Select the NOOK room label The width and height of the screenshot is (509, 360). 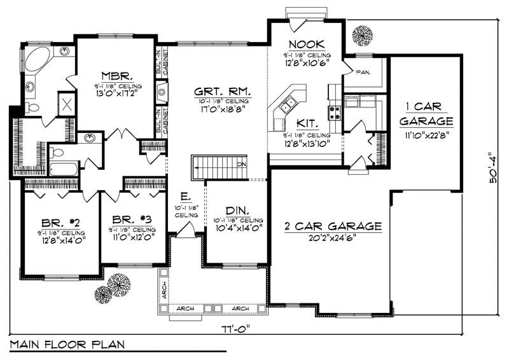[306, 44]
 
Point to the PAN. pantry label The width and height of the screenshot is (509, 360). [363, 71]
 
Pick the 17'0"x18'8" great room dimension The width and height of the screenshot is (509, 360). [221, 109]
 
